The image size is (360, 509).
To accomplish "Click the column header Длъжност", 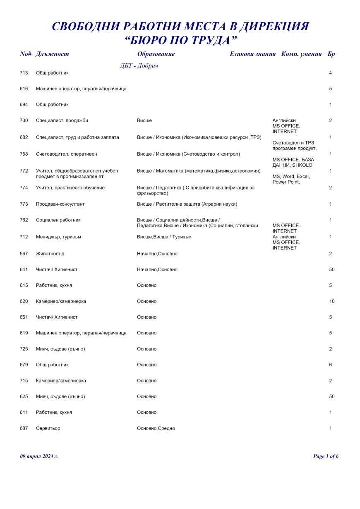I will tap(53, 54).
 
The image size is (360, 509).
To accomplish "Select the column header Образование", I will tap(156, 54).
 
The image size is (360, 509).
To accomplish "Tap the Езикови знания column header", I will tap(252, 54).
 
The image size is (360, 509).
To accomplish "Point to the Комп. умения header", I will tap(301, 54).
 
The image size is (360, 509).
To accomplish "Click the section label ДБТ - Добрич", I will tap(139, 66).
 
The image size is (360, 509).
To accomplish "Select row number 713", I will tap(24, 73).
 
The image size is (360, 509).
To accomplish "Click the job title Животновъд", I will tap(50, 254).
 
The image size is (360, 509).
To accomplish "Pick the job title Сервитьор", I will tap(48, 428).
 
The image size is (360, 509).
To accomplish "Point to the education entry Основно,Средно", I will tap(156, 428).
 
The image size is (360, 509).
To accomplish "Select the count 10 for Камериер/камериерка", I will tap(332, 301).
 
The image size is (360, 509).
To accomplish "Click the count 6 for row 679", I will tap(331, 365).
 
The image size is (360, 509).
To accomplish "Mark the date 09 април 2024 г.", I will tap(39, 456).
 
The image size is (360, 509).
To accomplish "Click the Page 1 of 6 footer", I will tap(326, 456).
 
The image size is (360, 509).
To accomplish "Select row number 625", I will tap(24, 396).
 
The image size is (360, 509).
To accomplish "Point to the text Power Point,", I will tap(286, 182).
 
